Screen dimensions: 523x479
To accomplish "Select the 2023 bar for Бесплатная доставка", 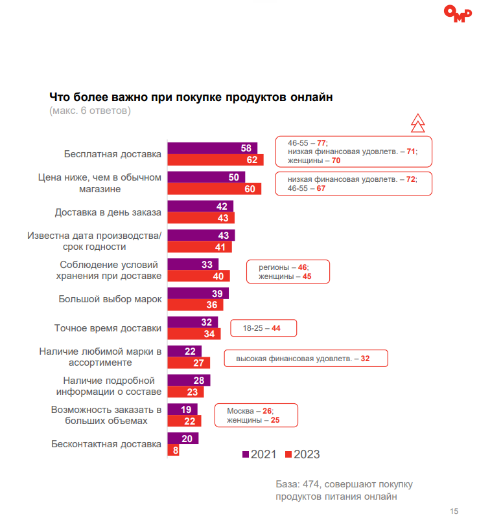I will click(x=215, y=160).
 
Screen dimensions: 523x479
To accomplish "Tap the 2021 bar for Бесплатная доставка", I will click(x=213, y=148).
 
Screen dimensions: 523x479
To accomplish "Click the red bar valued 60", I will click(x=215, y=189).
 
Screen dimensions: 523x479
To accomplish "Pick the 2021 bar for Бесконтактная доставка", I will click(x=183, y=438).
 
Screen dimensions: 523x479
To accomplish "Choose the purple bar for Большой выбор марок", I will click(x=198, y=293).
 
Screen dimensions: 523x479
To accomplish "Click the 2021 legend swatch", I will click(x=246, y=454).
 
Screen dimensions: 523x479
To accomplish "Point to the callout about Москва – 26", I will click(x=256, y=415).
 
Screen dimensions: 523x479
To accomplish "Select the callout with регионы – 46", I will click(x=288, y=272).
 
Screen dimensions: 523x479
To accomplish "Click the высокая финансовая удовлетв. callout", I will click(x=306, y=358).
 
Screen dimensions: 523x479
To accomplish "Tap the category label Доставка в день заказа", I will click(x=108, y=212).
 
